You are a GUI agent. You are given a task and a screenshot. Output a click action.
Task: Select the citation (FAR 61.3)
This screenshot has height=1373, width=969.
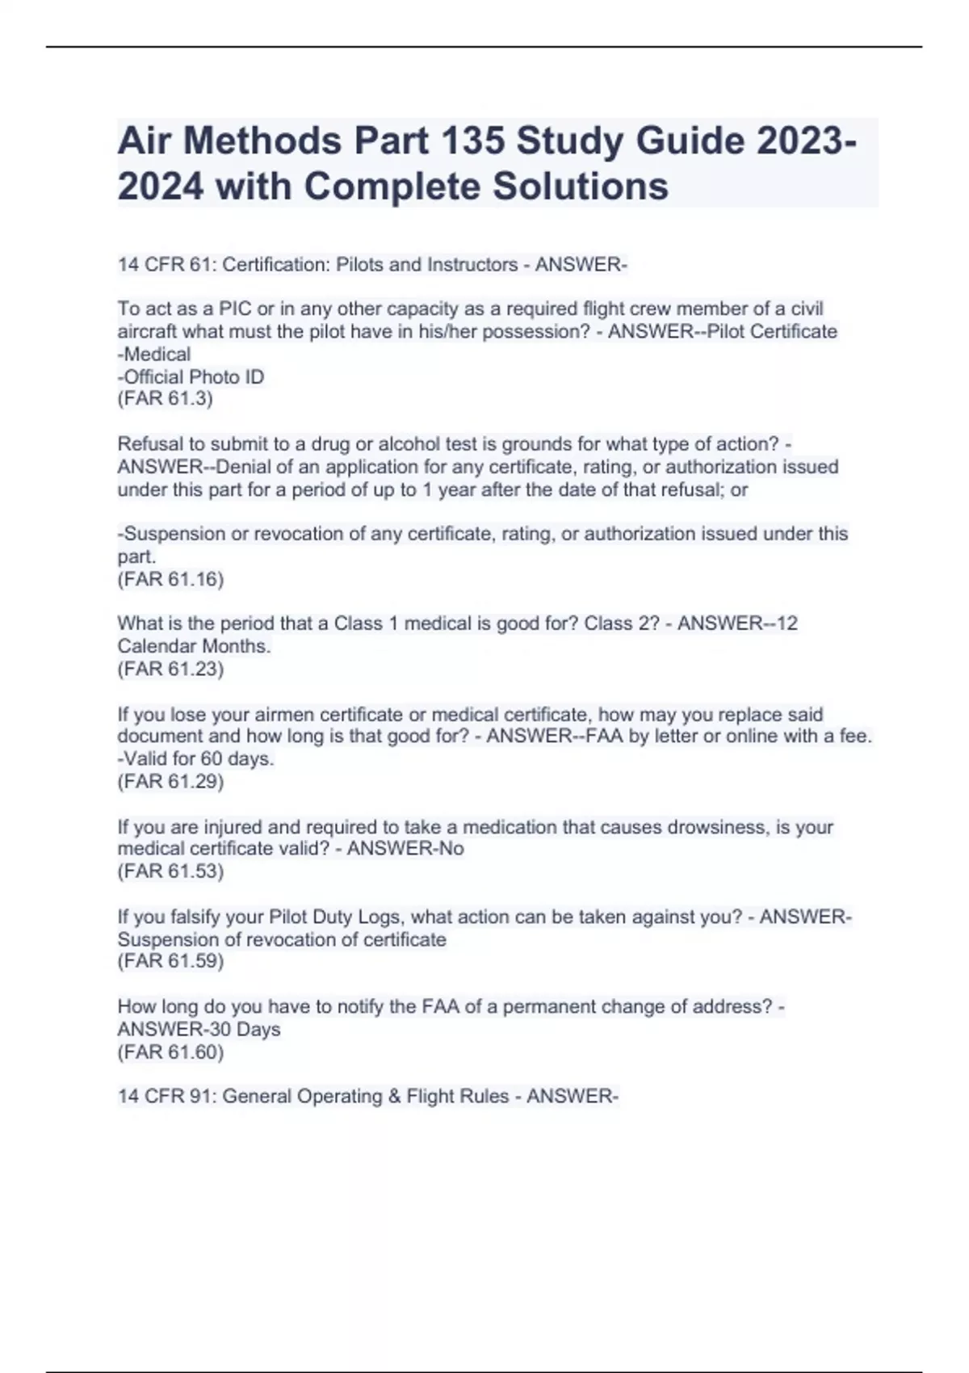tap(165, 399)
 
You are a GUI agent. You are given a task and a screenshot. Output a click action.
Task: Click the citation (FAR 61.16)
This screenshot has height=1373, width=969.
tap(170, 579)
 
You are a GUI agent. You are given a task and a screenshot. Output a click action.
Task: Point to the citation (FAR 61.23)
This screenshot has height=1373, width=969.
tap(170, 669)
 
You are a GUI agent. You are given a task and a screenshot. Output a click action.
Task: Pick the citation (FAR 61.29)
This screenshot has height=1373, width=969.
tap(170, 781)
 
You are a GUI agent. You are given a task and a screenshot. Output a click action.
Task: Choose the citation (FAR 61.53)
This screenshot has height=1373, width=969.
tap(170, 871)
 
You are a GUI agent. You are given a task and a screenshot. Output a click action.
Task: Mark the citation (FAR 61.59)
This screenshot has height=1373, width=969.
tap(170, 961)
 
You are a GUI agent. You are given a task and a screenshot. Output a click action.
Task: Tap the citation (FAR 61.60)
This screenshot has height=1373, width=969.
tap(170, 1052)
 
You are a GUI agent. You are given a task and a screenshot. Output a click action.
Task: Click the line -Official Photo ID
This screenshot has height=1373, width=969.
tap(191, 377)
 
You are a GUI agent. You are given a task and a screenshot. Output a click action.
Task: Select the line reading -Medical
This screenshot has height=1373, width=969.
tap(154, 355)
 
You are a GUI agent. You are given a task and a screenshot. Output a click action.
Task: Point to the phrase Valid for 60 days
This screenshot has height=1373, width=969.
tap(199, 759)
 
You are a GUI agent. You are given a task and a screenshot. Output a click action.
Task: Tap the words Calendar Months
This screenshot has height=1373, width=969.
tap(194, 646)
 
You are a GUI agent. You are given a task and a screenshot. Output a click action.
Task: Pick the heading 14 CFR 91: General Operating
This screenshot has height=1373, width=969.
tap(313, 1096)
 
